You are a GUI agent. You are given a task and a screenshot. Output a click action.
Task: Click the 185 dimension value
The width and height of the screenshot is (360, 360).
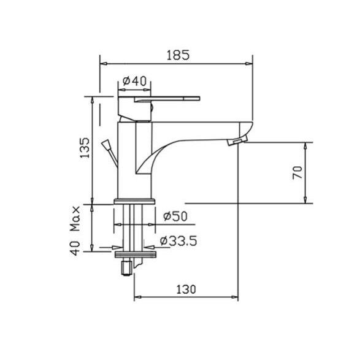(x=178, y=55)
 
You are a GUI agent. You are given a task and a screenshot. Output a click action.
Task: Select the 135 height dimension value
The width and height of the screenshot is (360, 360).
(x=85, y=148)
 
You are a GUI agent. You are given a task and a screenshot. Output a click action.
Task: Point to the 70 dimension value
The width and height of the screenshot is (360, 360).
(x=298, y=172)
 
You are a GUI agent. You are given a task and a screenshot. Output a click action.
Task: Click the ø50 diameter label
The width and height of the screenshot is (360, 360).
(x=175, y=216)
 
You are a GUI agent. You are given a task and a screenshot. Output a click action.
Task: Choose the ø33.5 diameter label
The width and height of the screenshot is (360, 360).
(x=178, y=241)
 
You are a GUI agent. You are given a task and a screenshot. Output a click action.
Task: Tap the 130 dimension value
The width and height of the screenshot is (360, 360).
(x=186, y=289)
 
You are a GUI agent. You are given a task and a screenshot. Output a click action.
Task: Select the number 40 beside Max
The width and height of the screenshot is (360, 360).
(x=75, y=248)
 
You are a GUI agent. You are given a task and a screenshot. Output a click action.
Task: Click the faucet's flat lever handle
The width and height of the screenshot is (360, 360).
(x=167, y=99)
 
